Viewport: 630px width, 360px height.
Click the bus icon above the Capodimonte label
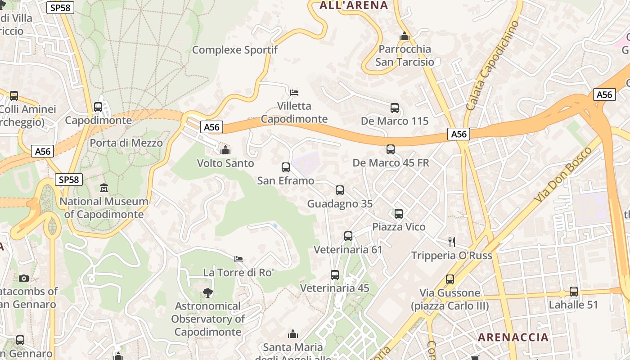coord(98,107)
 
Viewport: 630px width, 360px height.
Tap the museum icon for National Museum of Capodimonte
coord(104,188)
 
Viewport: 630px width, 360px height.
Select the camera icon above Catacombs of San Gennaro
coord(24,278)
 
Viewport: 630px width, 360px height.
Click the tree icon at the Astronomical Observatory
coord(207,293)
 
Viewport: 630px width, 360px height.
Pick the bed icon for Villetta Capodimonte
coord(294,93)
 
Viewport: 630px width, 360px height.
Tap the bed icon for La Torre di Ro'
coord(238,259)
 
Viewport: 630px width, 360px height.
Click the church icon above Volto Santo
coord(225,149)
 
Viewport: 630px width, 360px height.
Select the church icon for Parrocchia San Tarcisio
coord(404,36)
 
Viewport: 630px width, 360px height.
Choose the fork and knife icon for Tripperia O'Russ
coord(452,242)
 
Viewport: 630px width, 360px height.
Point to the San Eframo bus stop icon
coord(286,167)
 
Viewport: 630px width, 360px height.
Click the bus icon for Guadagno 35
coord(340,190)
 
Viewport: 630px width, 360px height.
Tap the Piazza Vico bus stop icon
coord(399,214)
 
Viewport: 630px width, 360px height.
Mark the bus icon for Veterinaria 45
coord(335,275)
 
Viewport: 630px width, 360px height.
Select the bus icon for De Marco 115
coord(395,108)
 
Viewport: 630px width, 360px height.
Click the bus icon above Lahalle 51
coord(574,292)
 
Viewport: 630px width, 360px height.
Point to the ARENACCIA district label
coord(513,337)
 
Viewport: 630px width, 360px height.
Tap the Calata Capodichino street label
coord(493,66)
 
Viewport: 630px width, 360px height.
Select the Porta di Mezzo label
coord(126,143)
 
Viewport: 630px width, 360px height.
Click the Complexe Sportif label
coord(235,50)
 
